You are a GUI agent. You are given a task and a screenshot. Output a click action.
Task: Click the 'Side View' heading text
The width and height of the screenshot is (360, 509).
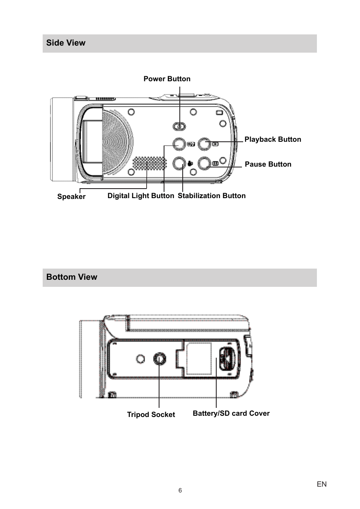(x=65, y=43)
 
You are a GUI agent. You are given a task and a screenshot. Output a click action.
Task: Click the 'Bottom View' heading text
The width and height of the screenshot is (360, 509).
(x=72, y=277)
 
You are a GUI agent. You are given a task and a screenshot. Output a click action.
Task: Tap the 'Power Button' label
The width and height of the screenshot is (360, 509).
(x=167, y=79)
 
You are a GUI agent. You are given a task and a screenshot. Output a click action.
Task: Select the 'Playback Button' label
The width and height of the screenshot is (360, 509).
(x=273, y=139)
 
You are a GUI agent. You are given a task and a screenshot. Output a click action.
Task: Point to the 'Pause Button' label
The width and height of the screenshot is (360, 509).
(x=268, y=164)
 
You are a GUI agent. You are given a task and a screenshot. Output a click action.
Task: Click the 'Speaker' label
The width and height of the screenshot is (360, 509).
(x=71, y=196)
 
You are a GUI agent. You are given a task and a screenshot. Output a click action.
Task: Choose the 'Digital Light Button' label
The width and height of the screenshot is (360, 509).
(x=141, y=196)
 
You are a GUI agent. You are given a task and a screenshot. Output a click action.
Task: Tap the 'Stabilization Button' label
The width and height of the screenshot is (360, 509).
(x=212, y=196)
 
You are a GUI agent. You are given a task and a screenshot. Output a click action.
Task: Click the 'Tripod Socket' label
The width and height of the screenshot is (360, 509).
(x=151, y=414)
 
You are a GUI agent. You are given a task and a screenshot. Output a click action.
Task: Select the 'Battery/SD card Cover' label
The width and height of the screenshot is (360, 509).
(x=231, y=413)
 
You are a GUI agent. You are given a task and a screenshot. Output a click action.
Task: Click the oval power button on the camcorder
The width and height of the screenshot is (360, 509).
(x=179, y=126)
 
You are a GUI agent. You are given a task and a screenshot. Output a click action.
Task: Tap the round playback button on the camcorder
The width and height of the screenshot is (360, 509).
(x=204, y=144)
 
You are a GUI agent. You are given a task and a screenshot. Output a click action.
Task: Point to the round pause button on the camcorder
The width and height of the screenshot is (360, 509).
(x=204, y=163)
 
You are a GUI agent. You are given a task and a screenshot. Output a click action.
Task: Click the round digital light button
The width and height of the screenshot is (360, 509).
(x=179, y=144)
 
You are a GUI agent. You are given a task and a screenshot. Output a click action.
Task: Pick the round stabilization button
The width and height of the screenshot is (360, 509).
(x=179, y=163)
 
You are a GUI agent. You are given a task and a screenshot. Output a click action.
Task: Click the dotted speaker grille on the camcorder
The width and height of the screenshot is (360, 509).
(x=150, y=163)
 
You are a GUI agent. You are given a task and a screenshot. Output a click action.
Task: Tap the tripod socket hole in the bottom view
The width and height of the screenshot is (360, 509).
(x=159, y=359)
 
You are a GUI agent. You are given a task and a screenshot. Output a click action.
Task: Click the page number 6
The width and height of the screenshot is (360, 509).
(x=180, y=490)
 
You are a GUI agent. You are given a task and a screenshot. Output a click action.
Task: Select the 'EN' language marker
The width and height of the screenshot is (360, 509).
(x=321, y=484)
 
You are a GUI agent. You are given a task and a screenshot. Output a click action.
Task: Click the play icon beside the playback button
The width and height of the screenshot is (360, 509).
(x=215, y=144)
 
